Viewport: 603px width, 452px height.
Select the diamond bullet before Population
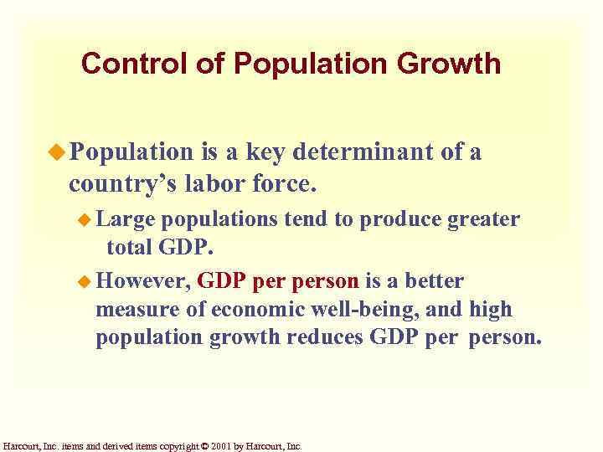(x=59, y=152)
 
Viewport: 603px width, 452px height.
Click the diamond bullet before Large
(x=86, y=219)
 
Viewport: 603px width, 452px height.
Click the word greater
(x=484, y=219)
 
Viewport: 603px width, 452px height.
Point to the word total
(x=127, y=249)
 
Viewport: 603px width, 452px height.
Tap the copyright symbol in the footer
(x=204, y=446)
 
